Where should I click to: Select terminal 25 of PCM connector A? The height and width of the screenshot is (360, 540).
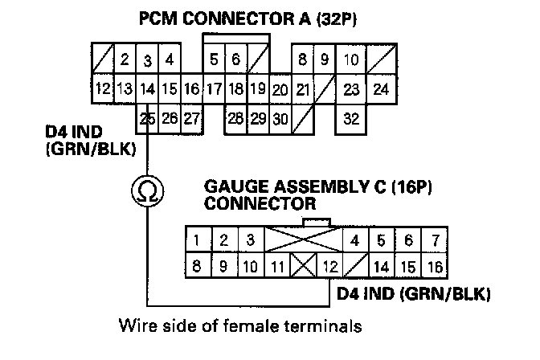[x=147, y=119]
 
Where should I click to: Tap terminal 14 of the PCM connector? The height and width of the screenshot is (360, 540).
[x=147, y=89]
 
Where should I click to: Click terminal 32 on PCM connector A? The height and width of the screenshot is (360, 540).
[x=351, y=119]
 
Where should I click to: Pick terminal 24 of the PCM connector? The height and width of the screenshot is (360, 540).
[x=382, y=89]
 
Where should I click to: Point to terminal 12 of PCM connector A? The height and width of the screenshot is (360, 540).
[x=102, y=89]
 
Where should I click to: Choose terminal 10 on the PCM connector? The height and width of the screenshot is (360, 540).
[x=351, y=59]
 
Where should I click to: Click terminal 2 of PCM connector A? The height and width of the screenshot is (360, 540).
[x=125, y=59]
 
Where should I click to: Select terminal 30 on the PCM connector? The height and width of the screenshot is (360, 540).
[x=280, y=119]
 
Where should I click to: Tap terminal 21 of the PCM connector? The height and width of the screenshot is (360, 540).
[x=302, y=89]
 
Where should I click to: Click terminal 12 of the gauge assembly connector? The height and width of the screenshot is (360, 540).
[x=329, y=265]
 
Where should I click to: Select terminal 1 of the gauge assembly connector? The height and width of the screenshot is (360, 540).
[x=197, y=240]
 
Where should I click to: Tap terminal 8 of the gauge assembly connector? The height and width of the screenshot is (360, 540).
[x=197, y=265]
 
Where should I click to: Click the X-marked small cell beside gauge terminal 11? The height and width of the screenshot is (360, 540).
[x=305, y=265]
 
